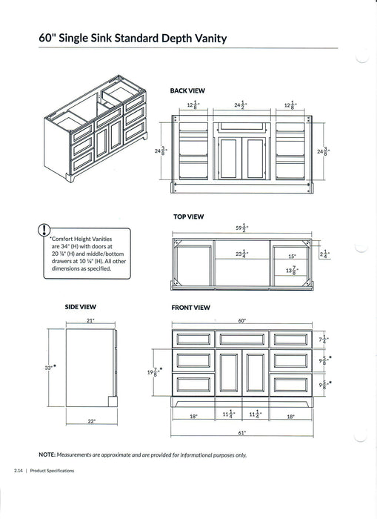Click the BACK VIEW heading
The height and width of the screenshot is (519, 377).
tap(187, 90)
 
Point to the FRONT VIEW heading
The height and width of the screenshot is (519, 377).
tap(190, 307)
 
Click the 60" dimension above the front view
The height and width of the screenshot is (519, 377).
tap(241, 320)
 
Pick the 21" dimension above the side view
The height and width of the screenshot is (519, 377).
tap(90, 320)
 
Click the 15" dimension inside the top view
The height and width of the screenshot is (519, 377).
tap(292, 257)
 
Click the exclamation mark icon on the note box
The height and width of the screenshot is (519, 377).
tap(46, 230)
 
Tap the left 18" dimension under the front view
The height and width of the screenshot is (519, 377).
tap(193, 417)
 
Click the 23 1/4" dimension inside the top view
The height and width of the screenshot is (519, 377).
tap(241, 254)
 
